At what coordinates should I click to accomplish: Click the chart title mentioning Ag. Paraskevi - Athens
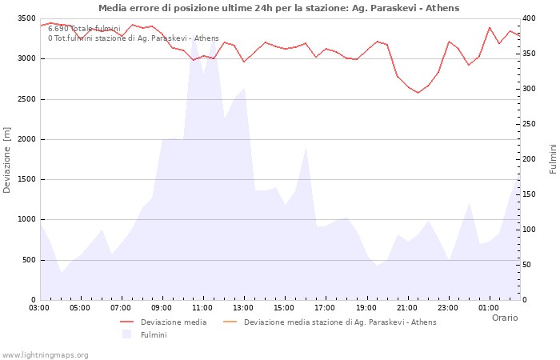(279, 8)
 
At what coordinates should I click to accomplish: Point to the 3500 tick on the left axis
(25, 18)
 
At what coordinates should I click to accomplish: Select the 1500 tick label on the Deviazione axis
(25, 179)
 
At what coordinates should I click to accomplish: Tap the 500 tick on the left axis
(28, 260)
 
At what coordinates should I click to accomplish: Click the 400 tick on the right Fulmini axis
(531, 18)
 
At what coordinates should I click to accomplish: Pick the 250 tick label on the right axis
(531, 124)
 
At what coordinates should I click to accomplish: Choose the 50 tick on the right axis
(529, 265)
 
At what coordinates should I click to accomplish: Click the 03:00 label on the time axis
(39, 307)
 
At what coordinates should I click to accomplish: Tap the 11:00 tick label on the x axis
(202, 307)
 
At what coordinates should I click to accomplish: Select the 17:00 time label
(325, 307)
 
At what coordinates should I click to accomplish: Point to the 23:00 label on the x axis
(447, 307)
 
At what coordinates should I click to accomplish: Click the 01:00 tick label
(488, 307)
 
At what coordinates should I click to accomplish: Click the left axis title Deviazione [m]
(7, 160)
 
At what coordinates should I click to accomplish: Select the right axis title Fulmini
(553, 159)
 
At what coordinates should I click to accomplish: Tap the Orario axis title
(504, 318)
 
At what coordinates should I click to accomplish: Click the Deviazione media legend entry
(173, 322)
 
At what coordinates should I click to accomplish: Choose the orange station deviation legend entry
(340, 322)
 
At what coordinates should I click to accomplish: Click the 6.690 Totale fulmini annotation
(84, 29)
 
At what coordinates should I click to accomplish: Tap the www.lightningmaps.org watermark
(45, 354)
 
